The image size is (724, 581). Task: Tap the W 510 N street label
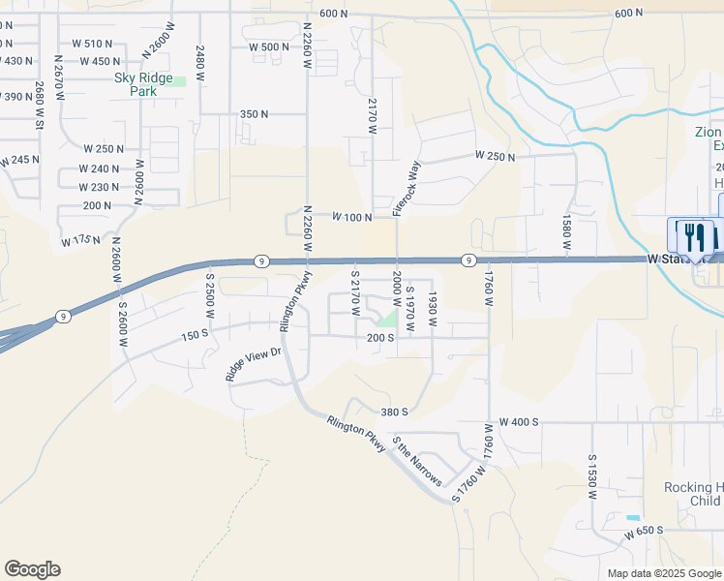pyautogui.click(x=93, y=44)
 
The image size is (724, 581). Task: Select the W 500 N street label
pyautogui.click(x=269, y=47)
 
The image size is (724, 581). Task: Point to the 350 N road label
pyautogui.click(x=254, y=114)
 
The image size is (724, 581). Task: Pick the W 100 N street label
pyautogui.click(x=352, y=217)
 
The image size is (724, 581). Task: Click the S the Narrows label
pyautogui.click(x=417, y=462)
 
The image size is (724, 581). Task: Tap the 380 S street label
pyautogui.click(x=394, y=412)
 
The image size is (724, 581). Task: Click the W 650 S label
pyautogui.click(x=645, y=533)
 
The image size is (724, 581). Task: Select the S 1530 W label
pyautogui.click(x=592, y=475)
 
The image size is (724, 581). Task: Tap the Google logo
pyautogui.click(x=32, y=569)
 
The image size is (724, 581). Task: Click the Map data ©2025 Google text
pyautogui.click(x=663, y=573)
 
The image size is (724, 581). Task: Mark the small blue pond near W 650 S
pyautogui.click(x=633, y=518)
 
